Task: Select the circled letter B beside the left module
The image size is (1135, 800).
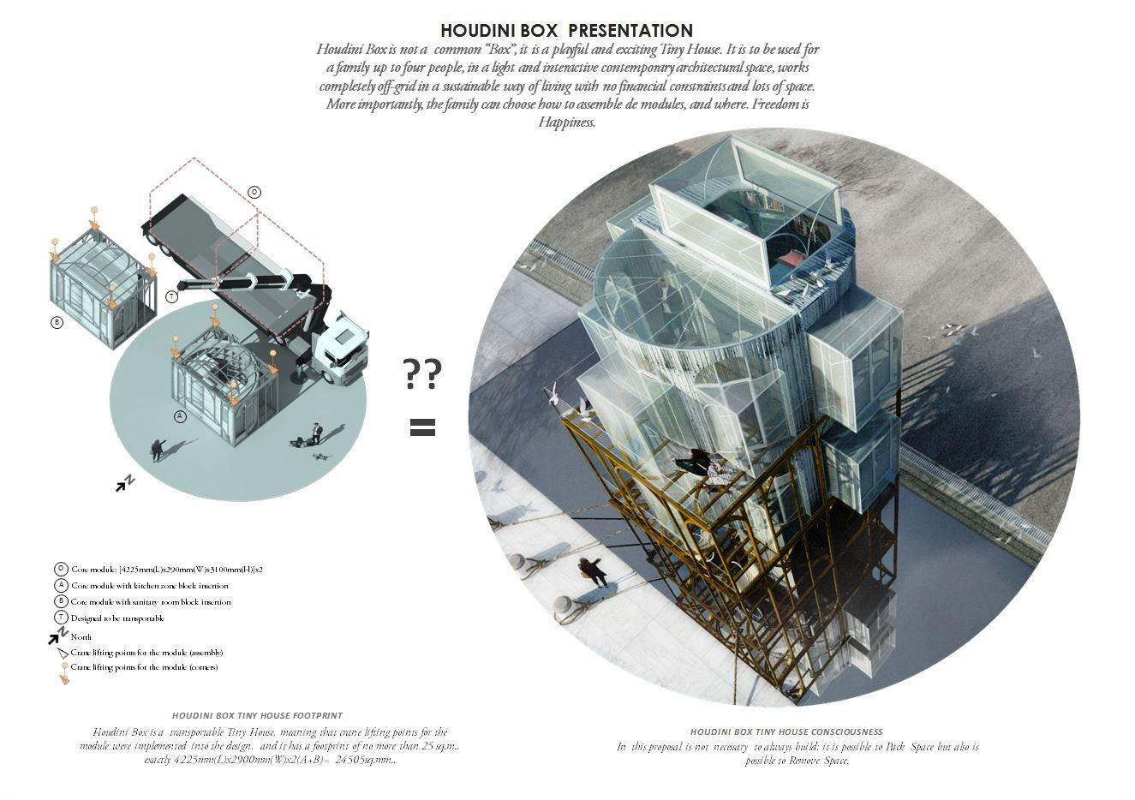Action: click(57, 323)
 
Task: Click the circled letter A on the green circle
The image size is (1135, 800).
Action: click(180, 416)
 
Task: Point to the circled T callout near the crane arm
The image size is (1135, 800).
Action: click(172, 296)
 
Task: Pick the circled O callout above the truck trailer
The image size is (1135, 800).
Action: click(254, 192)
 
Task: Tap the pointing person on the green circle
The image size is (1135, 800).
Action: click(158, 449)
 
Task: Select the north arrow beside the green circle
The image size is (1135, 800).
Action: click(126, 483)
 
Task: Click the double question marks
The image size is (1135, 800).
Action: click(422, 373)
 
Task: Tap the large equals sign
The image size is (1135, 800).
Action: click(422, 427)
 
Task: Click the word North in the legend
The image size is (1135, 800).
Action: click(81, 636)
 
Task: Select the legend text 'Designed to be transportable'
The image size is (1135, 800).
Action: click(117, 618)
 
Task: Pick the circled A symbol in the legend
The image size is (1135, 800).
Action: click(61, 585)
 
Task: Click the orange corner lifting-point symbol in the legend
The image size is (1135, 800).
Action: click(63, 674)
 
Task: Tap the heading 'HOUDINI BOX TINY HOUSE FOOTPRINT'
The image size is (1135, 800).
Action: click(257, 715)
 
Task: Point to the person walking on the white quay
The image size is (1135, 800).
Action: click(592, 570)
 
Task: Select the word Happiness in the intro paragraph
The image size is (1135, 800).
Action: click(565, 122)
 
